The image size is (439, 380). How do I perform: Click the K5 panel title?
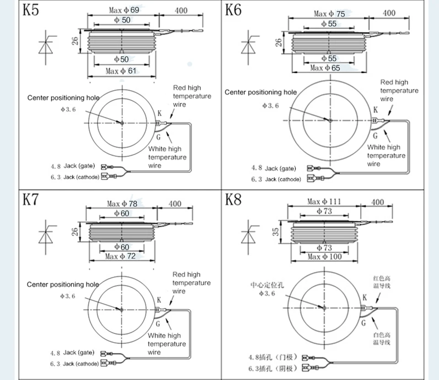tap(31, 10)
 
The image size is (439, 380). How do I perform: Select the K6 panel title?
tap(233, 10)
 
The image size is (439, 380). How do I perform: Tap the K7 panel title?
tap(30, 200)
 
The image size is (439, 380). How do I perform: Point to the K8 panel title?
tap(233, 200)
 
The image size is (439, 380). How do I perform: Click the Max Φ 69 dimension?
tap(124, 10)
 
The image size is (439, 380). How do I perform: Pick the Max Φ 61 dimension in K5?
tap(121, 71)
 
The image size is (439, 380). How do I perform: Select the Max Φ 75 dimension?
tap(329, 14)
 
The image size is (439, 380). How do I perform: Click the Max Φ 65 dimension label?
tap(325, 68)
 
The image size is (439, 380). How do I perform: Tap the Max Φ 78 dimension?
tap(122, 203)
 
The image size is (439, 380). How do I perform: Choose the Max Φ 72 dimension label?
tap(120, 256)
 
